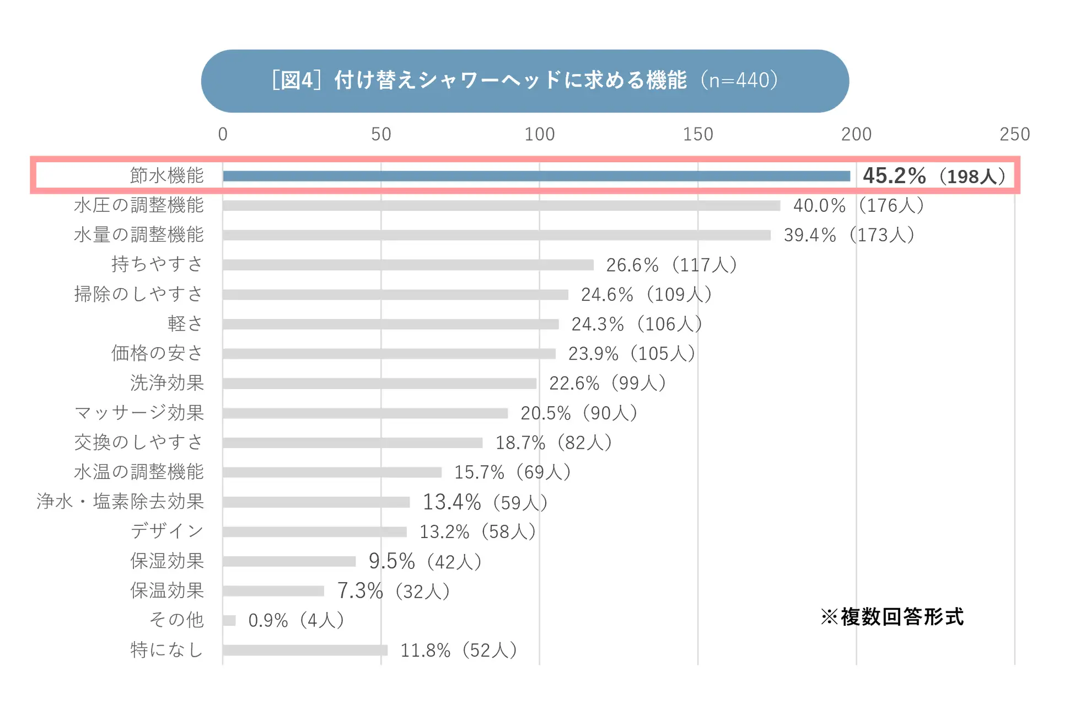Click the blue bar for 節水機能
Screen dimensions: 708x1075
(536, 176)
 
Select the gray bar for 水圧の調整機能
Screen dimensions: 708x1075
(501, 206)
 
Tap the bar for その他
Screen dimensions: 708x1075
(229, 621)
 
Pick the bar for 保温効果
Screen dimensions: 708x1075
(273, 591)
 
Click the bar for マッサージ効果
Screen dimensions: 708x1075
(365, 413)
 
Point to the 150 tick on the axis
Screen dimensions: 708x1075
(698, 134)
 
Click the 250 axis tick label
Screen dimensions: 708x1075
(1014, 134)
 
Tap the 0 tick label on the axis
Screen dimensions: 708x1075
(223, 134)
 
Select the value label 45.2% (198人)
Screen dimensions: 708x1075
(934, 176)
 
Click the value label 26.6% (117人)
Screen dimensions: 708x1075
(671, 265)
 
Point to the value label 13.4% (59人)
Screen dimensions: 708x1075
(485, 502)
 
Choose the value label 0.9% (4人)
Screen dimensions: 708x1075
(296, 621)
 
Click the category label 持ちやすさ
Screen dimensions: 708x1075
(158, 264)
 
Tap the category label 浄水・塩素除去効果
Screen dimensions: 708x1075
(120, 502)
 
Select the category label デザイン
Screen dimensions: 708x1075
(167, 531)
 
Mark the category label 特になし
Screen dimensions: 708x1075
(166, 650)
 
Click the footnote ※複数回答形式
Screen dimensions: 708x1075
(892, 617)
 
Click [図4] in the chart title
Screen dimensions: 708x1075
(296, 81)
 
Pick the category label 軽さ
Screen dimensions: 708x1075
(185, 324)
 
